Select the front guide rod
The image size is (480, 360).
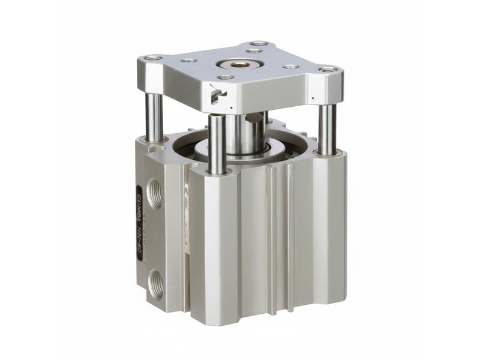click(217, 144)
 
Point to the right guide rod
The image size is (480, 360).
click(327, 128)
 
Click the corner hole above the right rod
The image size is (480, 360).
click(328, 70)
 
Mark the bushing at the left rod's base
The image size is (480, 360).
click(154, 140)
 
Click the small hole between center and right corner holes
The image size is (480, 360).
click(290, 67)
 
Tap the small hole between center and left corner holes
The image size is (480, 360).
click(189, 61)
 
